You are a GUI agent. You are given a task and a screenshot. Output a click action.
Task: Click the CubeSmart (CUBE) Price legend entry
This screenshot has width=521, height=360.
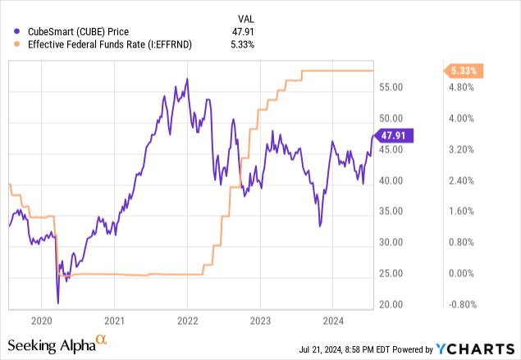[x=82, y=32]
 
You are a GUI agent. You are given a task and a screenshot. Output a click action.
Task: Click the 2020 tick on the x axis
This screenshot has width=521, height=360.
[x=42, y=320]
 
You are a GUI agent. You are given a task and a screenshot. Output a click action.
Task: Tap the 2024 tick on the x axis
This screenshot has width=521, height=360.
[x=332, y=320]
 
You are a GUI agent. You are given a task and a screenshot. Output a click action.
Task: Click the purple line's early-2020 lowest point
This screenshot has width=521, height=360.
[x=58, y=303]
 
